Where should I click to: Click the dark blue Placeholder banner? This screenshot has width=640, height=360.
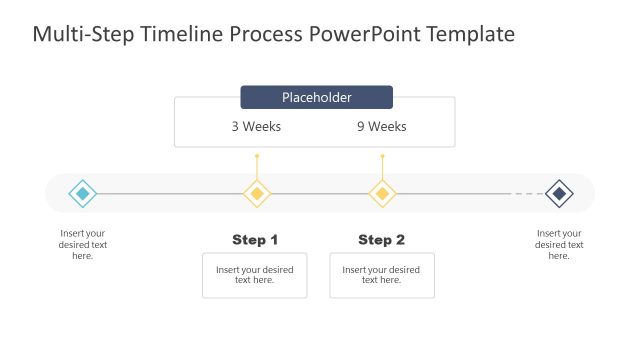coord(316,97)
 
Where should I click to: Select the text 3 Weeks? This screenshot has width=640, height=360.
coord(256,127)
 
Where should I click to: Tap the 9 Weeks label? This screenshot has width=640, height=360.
coord(381,127)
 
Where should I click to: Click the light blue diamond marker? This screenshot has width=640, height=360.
coord(82,193)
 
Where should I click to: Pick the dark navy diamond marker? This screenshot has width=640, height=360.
coord(559,193)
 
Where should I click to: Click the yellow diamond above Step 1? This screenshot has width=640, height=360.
coord(257,193)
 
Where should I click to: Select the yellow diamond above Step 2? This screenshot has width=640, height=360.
coord(381,193)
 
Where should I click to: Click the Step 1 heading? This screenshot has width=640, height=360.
coord(255,240)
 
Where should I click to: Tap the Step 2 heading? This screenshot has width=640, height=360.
coord(381,240)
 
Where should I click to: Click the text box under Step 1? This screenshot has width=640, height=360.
coord(255,275)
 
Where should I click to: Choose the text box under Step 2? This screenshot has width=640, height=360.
coord(381,275)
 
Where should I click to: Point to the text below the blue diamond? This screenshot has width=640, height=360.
coord(82,245)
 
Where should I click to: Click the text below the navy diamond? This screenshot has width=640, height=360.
coord(559,245)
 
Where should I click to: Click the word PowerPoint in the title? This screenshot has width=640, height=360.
coord(364,35)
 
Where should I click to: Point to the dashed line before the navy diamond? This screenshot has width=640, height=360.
coord(526,193)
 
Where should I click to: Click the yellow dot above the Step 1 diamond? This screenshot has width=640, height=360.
coord(257,156)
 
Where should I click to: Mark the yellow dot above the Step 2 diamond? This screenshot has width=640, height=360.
coord(381,156)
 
